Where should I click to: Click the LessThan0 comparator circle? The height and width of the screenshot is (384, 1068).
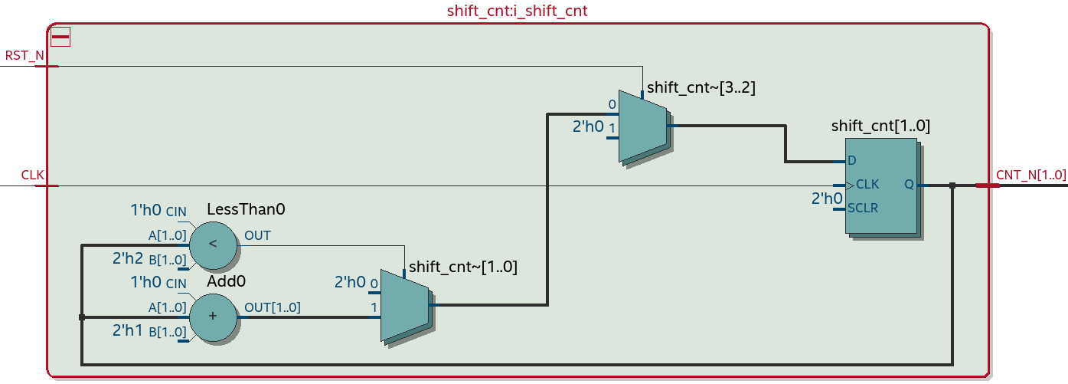pyautogui.click(x=213, y=245)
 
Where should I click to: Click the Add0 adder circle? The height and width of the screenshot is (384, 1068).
pyautogui.click(x=213, y=316)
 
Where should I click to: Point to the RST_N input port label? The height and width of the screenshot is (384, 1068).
pyautogui.click(x=24, y=56)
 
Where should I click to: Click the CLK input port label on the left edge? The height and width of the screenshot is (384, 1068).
pyautogui.click(x=32, y=176)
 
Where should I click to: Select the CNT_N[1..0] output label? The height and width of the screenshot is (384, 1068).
pyautogui.click(x=1030, y=175)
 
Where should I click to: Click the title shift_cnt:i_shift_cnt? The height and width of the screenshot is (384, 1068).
pyautogui.click(x=517, y=11)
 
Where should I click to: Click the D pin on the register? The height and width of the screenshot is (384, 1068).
pyautogui.click(x=851, y=162)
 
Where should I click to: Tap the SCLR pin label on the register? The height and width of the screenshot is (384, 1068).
pyautogui.click(x=863, y=208)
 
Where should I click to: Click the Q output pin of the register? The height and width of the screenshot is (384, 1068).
pyautogui.click(x=909, y=185)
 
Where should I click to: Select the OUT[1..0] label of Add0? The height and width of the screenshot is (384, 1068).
pyautogui.click(x=272, y=307)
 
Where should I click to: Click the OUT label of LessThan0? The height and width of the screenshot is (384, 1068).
pyautogui.click(x=257, y=235)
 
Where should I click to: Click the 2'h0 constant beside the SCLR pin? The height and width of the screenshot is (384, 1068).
pyautogui.click(x=826, y=199)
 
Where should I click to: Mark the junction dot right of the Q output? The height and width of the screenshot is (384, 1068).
pyautogui.click(x=952, y=185)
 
